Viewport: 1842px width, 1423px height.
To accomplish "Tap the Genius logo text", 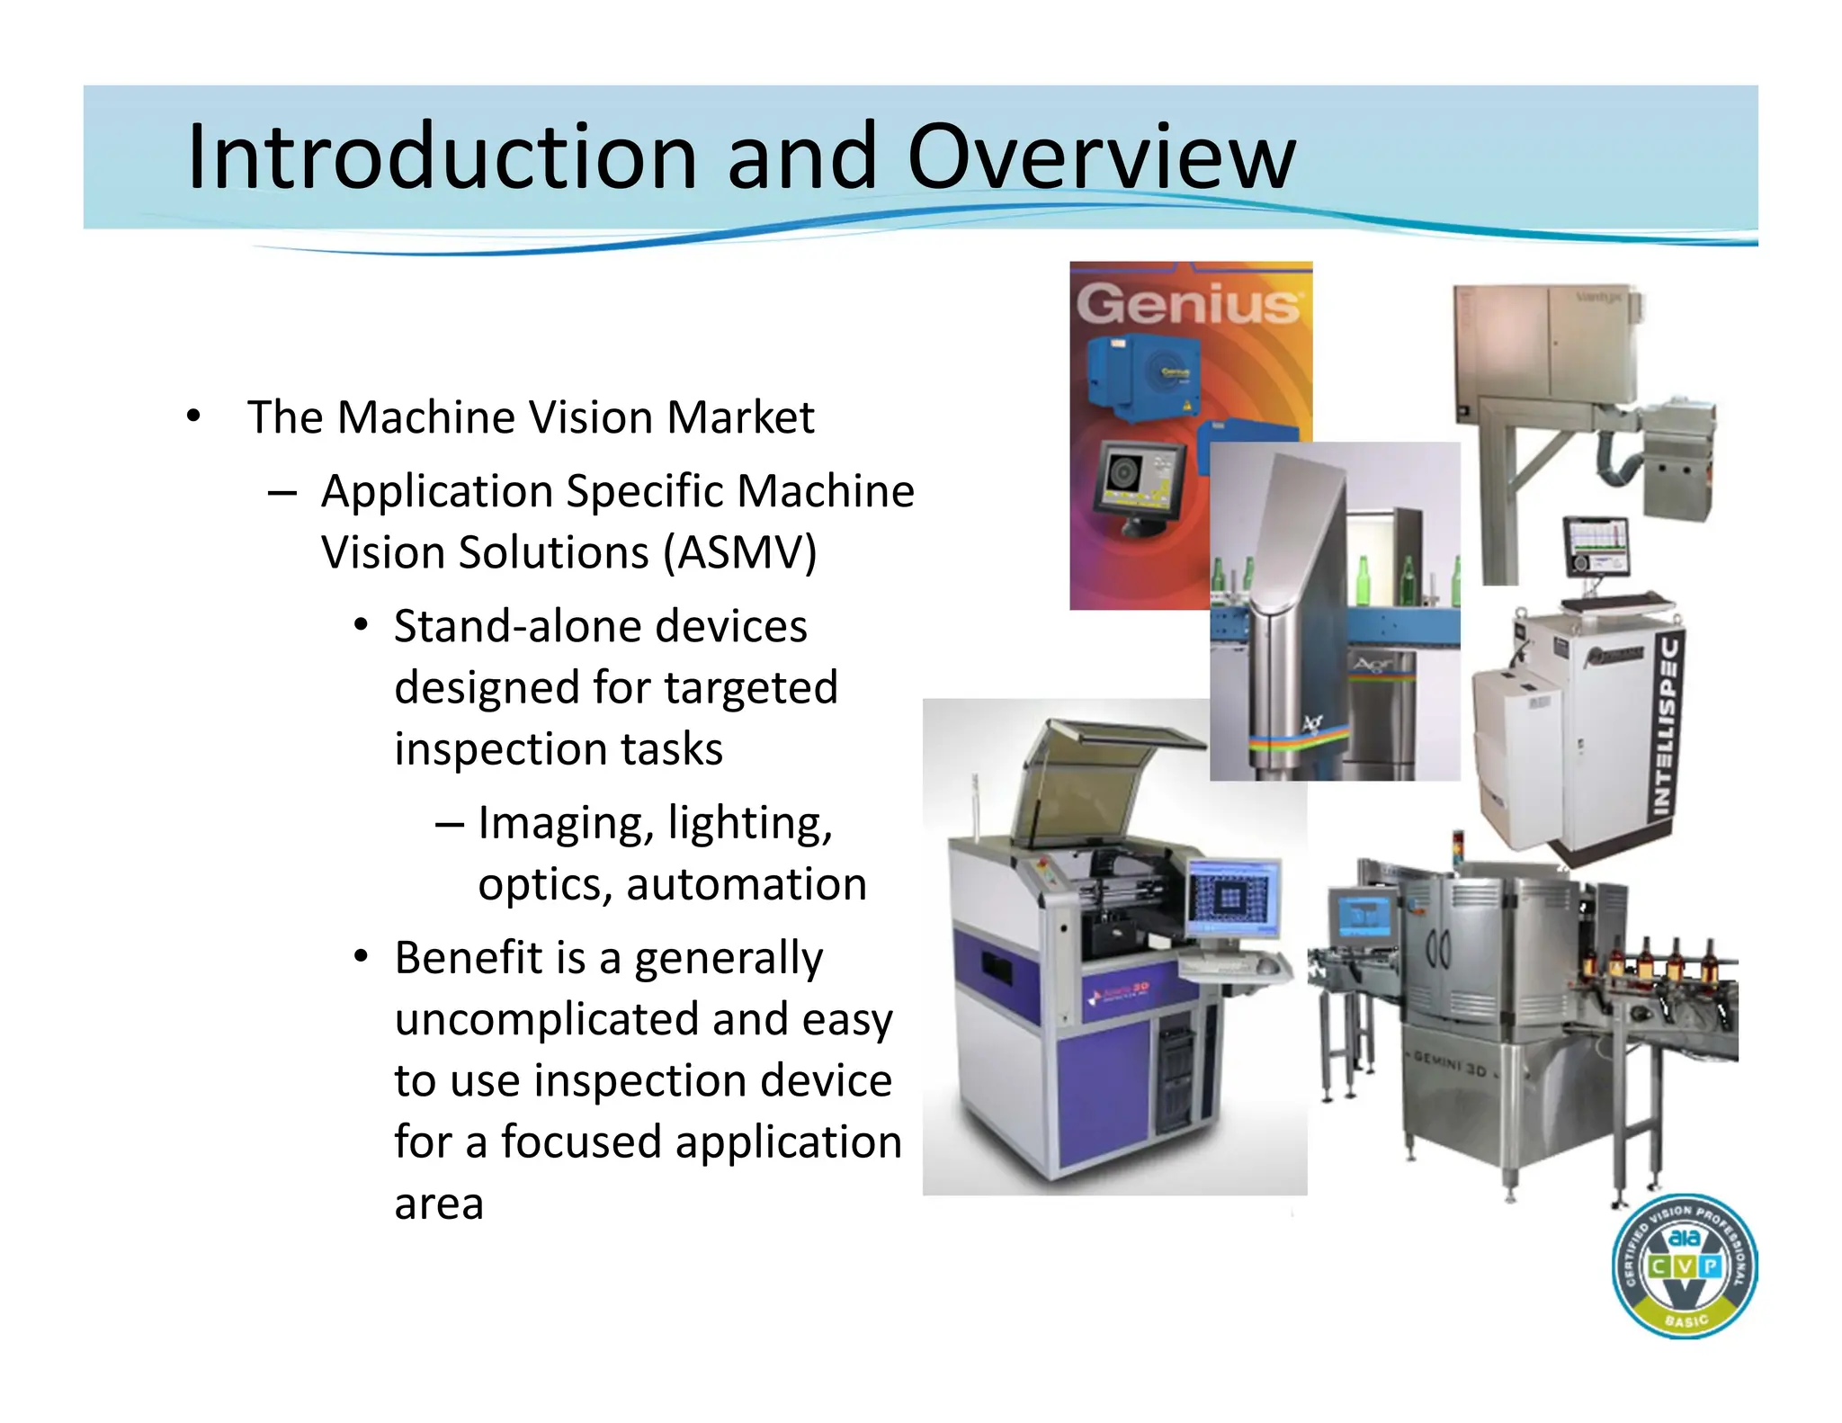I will point(1188,303).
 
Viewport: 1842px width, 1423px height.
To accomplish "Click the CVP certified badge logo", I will point(1684,1266).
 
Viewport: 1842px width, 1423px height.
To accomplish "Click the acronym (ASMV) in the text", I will point(739,552).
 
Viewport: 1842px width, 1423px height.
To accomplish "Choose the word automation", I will point(747,884).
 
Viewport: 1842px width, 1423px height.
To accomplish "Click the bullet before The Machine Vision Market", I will point(192,417).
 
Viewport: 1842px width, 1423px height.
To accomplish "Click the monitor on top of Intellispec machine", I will point(1596,546).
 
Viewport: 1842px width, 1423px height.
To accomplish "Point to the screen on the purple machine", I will point(1233,897).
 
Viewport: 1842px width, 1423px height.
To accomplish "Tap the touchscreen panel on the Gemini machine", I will point(1363,914).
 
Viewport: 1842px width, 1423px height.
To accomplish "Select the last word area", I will point(439,1204).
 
